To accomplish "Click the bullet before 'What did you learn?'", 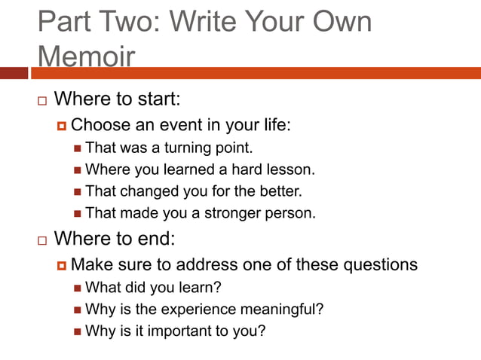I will click(x=78, y=288).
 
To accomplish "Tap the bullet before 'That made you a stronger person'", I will click(x=78, y=213).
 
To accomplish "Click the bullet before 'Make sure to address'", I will click(x=61, y=265).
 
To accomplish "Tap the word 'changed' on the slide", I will click(x=142, y=191).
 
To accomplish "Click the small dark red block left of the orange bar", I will click(x=14, y=73).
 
